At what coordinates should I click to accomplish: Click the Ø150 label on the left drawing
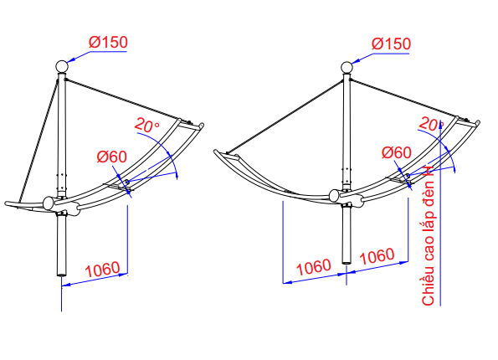pyautogui.click(x=108, y=42)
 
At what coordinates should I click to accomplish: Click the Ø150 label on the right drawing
pyautogui.click(x=391, y=44)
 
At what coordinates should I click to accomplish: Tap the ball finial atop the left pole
pyautogui.click(x=62, y=67)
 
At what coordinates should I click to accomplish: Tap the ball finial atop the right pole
pyautogui.click(x=347, y=68)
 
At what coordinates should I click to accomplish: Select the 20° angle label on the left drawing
pyautogui.click(x=147, y=126)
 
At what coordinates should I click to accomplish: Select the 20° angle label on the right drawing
pyautogui.click(x=431, y=124)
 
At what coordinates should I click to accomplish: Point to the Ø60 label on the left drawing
pyautogui.click(x=112, y=157)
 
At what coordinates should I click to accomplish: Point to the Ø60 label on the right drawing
pyautogui.click(x=397, y=152)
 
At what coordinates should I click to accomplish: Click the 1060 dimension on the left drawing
pyautogui.click(x=102, y=270)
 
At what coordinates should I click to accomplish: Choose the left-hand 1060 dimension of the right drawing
pyautogui.click(x=314, y=267)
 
